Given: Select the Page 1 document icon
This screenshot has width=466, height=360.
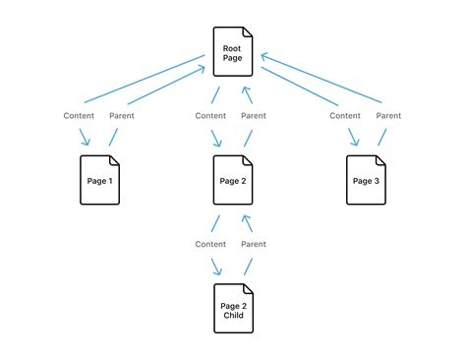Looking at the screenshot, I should (98, 180).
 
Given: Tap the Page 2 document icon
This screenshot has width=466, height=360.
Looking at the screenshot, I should (232, 180).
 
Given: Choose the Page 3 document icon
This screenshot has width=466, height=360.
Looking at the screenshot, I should (365, 180).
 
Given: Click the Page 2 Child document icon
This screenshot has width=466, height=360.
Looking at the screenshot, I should (232, 308).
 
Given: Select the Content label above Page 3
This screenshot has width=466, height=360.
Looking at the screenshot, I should (344, 116).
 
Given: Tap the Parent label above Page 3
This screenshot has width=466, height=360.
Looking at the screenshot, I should (386, 116).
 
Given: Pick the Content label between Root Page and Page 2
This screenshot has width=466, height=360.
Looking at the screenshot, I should (210, 116).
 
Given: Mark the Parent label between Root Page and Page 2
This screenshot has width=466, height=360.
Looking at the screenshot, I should (254, 116).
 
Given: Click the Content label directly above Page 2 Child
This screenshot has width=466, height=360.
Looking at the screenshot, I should (210, 244).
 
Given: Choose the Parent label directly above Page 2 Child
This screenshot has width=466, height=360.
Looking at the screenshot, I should (254, 244).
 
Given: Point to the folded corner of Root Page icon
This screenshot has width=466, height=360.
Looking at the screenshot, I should (247, 32).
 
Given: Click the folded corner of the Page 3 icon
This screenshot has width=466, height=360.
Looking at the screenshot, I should (379, 160).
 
